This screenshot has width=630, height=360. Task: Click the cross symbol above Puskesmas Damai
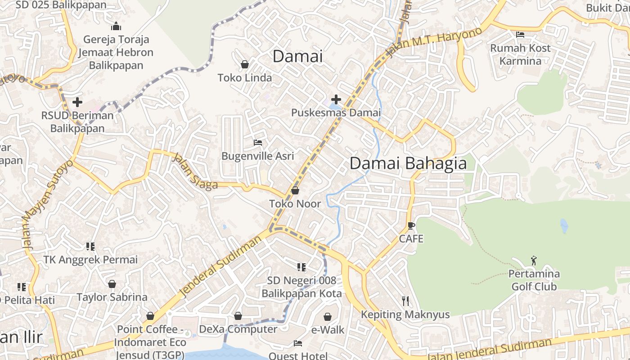pos(336,99)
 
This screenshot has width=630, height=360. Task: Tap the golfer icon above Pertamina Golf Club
pos(534,261)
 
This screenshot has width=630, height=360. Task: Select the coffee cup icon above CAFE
pos(411,225)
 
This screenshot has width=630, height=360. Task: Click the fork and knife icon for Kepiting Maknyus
pos(405,301)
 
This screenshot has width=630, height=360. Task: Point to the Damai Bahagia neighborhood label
pos(408,163)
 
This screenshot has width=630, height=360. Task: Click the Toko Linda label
pos(245,78)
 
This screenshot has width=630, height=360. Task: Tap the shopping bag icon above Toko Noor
pos(295,191)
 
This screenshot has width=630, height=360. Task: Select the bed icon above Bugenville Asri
pos(258,143)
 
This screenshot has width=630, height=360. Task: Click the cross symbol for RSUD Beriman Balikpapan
pos(77,102)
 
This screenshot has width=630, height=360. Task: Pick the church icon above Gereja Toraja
pos(116,26)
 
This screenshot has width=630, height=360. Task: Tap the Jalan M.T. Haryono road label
pos(434,43)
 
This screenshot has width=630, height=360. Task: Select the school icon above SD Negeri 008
pos(301,267)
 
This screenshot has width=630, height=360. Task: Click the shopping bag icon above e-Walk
pos(328,317)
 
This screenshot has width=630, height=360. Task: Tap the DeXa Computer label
pos(238,329)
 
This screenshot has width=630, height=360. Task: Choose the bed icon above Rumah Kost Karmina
pos(520,35)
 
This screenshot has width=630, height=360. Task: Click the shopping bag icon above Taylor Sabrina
pos(112,284)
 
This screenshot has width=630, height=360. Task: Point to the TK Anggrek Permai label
pos(90,260)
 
